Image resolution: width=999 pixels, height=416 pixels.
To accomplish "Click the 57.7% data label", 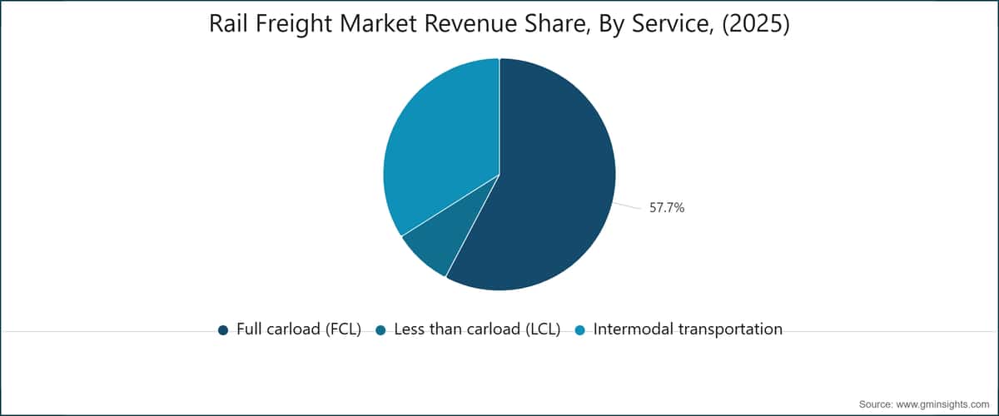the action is pos(667,208).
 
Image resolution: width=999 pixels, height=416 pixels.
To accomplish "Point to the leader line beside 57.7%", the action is pos(628,206).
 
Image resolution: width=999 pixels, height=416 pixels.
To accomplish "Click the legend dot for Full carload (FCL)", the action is pos(223,330).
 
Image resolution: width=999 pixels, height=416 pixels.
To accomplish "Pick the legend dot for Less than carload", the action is pos(380,330).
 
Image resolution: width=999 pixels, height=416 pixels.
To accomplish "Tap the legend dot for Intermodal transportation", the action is pos(579,330).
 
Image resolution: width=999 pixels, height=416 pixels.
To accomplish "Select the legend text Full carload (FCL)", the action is pos(299,329).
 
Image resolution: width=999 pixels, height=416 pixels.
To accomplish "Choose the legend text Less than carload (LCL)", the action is pos(477,329).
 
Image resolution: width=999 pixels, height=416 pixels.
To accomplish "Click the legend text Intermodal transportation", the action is pos(688,329).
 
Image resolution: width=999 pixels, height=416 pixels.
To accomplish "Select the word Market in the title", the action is pos(378,23).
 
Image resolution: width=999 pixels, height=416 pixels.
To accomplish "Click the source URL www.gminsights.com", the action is pos(942,405).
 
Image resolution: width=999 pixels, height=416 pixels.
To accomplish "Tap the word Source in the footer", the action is pos(876,404).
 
